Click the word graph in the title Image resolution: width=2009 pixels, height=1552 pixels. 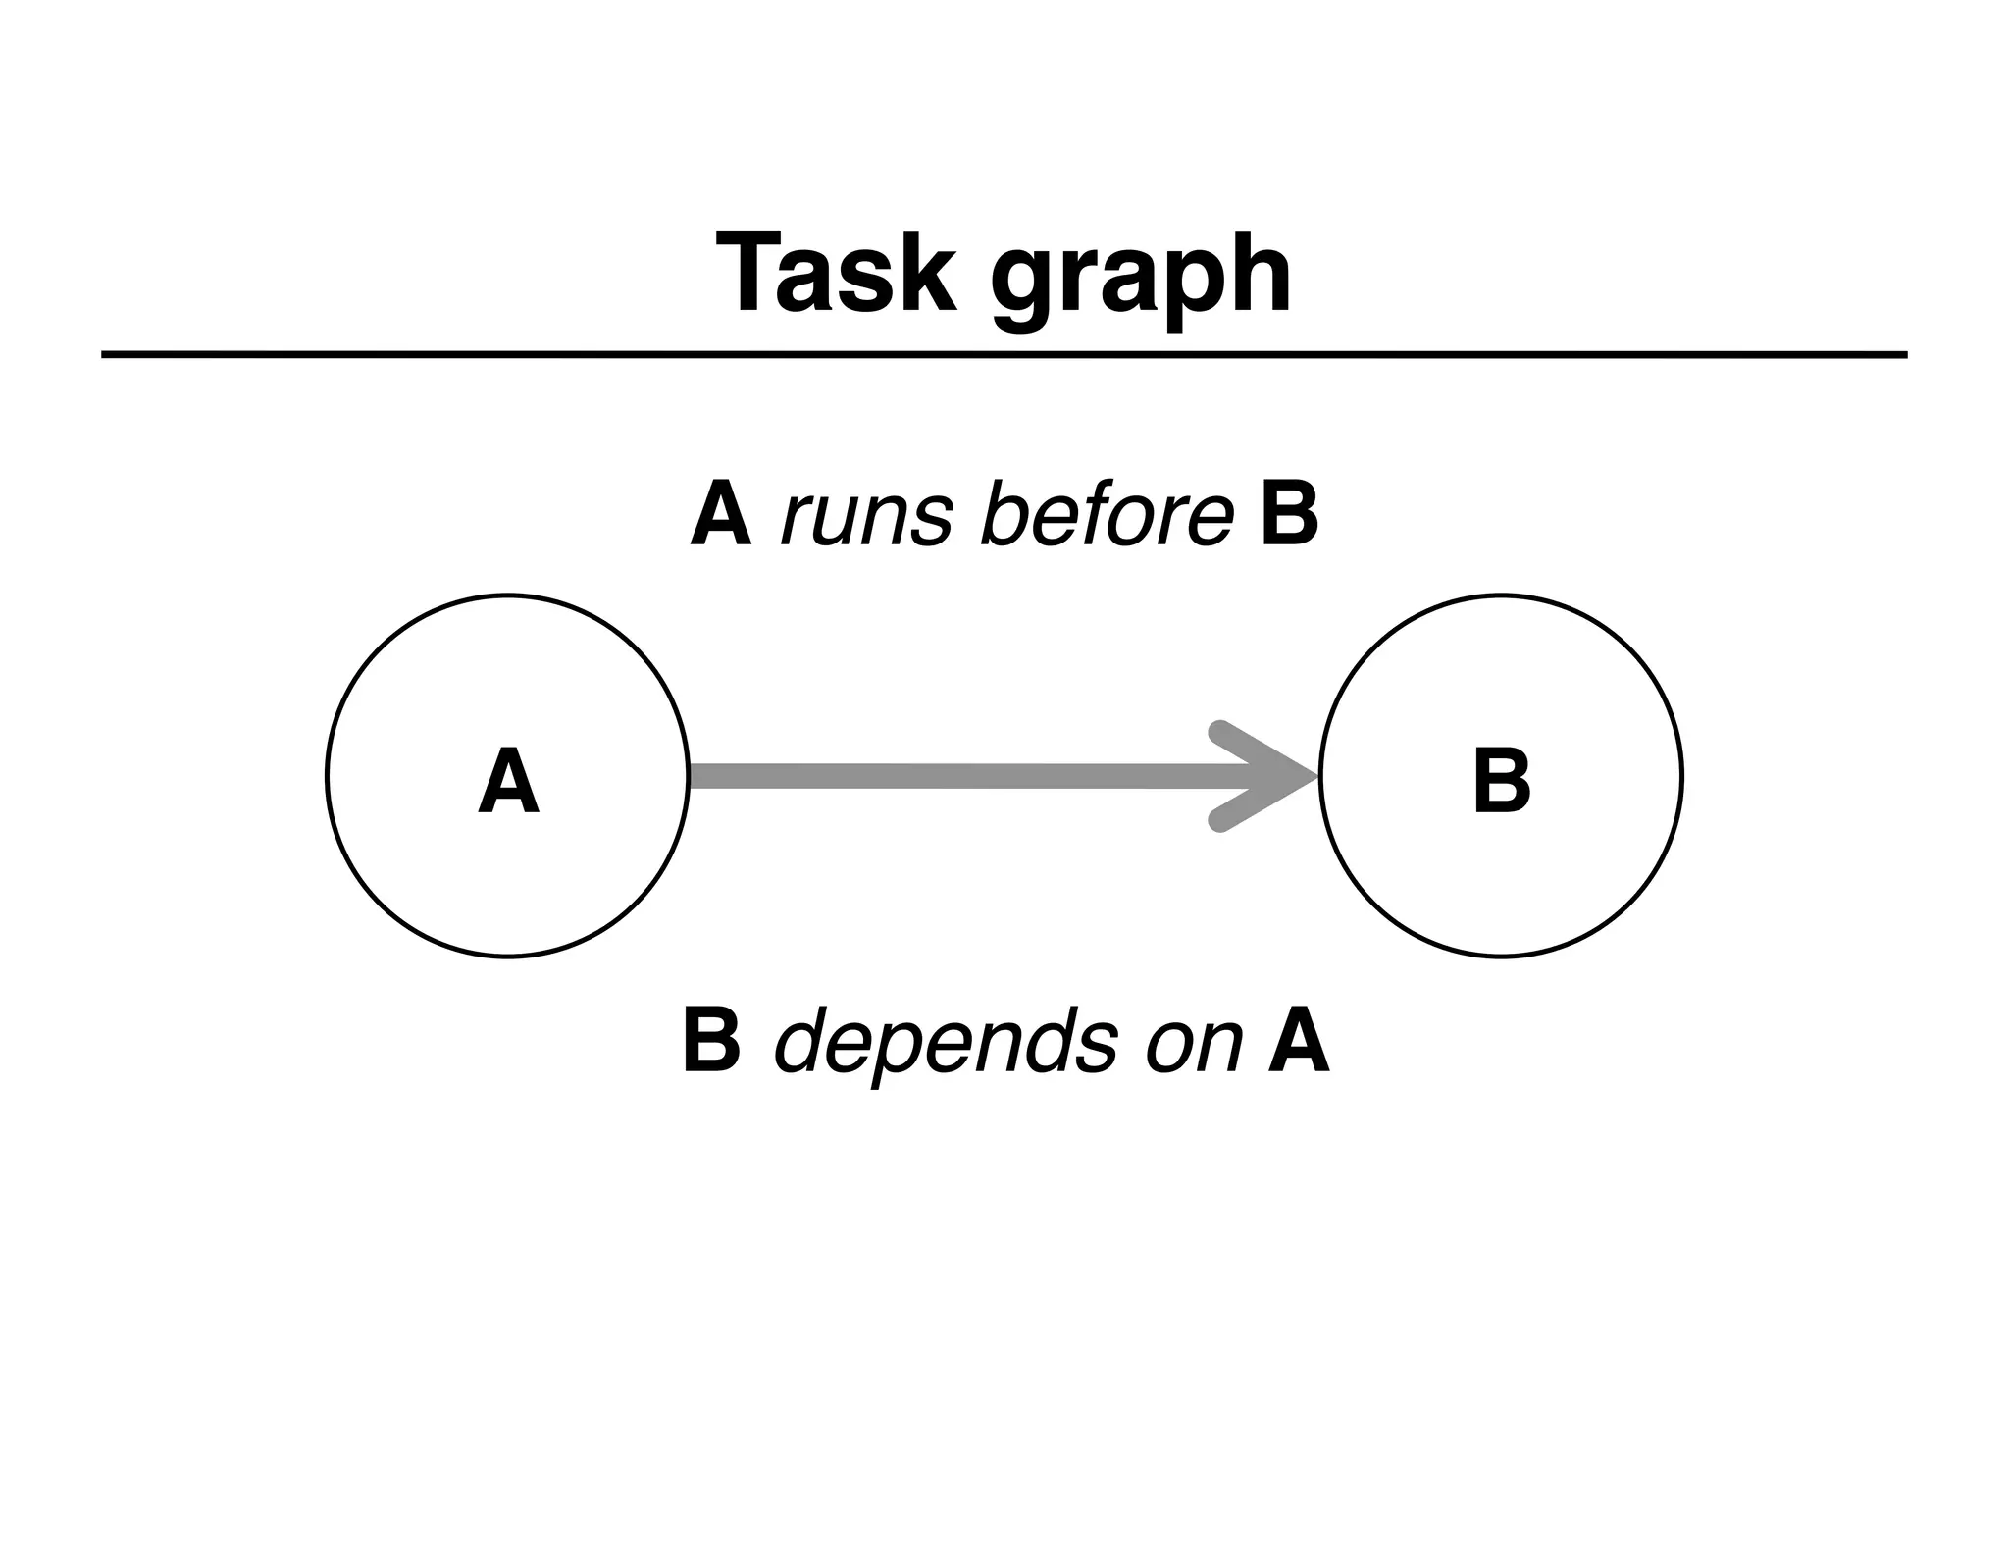(x=1140, y=280)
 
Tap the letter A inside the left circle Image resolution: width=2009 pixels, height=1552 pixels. (x=508, y=782)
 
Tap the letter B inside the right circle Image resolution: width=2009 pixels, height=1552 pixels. (x=1501, y=782)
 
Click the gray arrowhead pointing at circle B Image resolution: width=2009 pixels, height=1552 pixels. (x=1265, y=776)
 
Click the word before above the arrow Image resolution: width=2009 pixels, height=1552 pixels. (x=1107, y=515)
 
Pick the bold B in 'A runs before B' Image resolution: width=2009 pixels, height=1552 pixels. (x=1289, y=515)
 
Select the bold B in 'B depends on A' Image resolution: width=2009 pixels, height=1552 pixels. (x=711, y=1042)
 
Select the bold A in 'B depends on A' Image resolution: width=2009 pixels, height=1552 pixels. (x=1299, y=1042)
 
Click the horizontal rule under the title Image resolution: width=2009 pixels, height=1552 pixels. (x=1004, y=354)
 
